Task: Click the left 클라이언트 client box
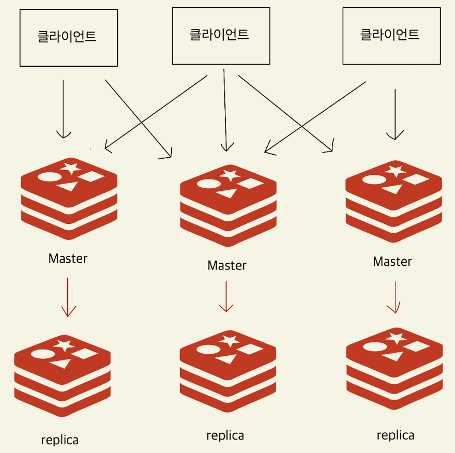pyautogui.click(x=68, y=38)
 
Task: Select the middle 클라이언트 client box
pyautogui.click(x=221, y=36)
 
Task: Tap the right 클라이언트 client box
pyautogui.click(x=391, y=36)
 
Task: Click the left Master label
pyautogui.click(x=68, y=259)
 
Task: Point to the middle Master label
pyautogui.click(x=226, y=266)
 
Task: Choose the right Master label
pyautogui.click(x=392, y=262)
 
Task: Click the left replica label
pyautogui.click(x=60, y=441)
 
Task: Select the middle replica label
pyautogui.click(x=225, y=435)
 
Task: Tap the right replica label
pyautogui.click(x=396, y=435)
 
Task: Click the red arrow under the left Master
pyautogui.click(x=68, y=297)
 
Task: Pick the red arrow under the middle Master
pyautogui.click(x=226, y=296)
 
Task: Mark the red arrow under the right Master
pyautogui.click(x=395, y=297)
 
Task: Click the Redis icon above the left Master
pyautogui.click(x=69, y=200)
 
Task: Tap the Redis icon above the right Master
pyautogui.click(x=393, y=200)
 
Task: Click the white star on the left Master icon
pyautogui.click(x=71, y=168)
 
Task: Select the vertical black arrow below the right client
pyautogui.click(x=395, y=114)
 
